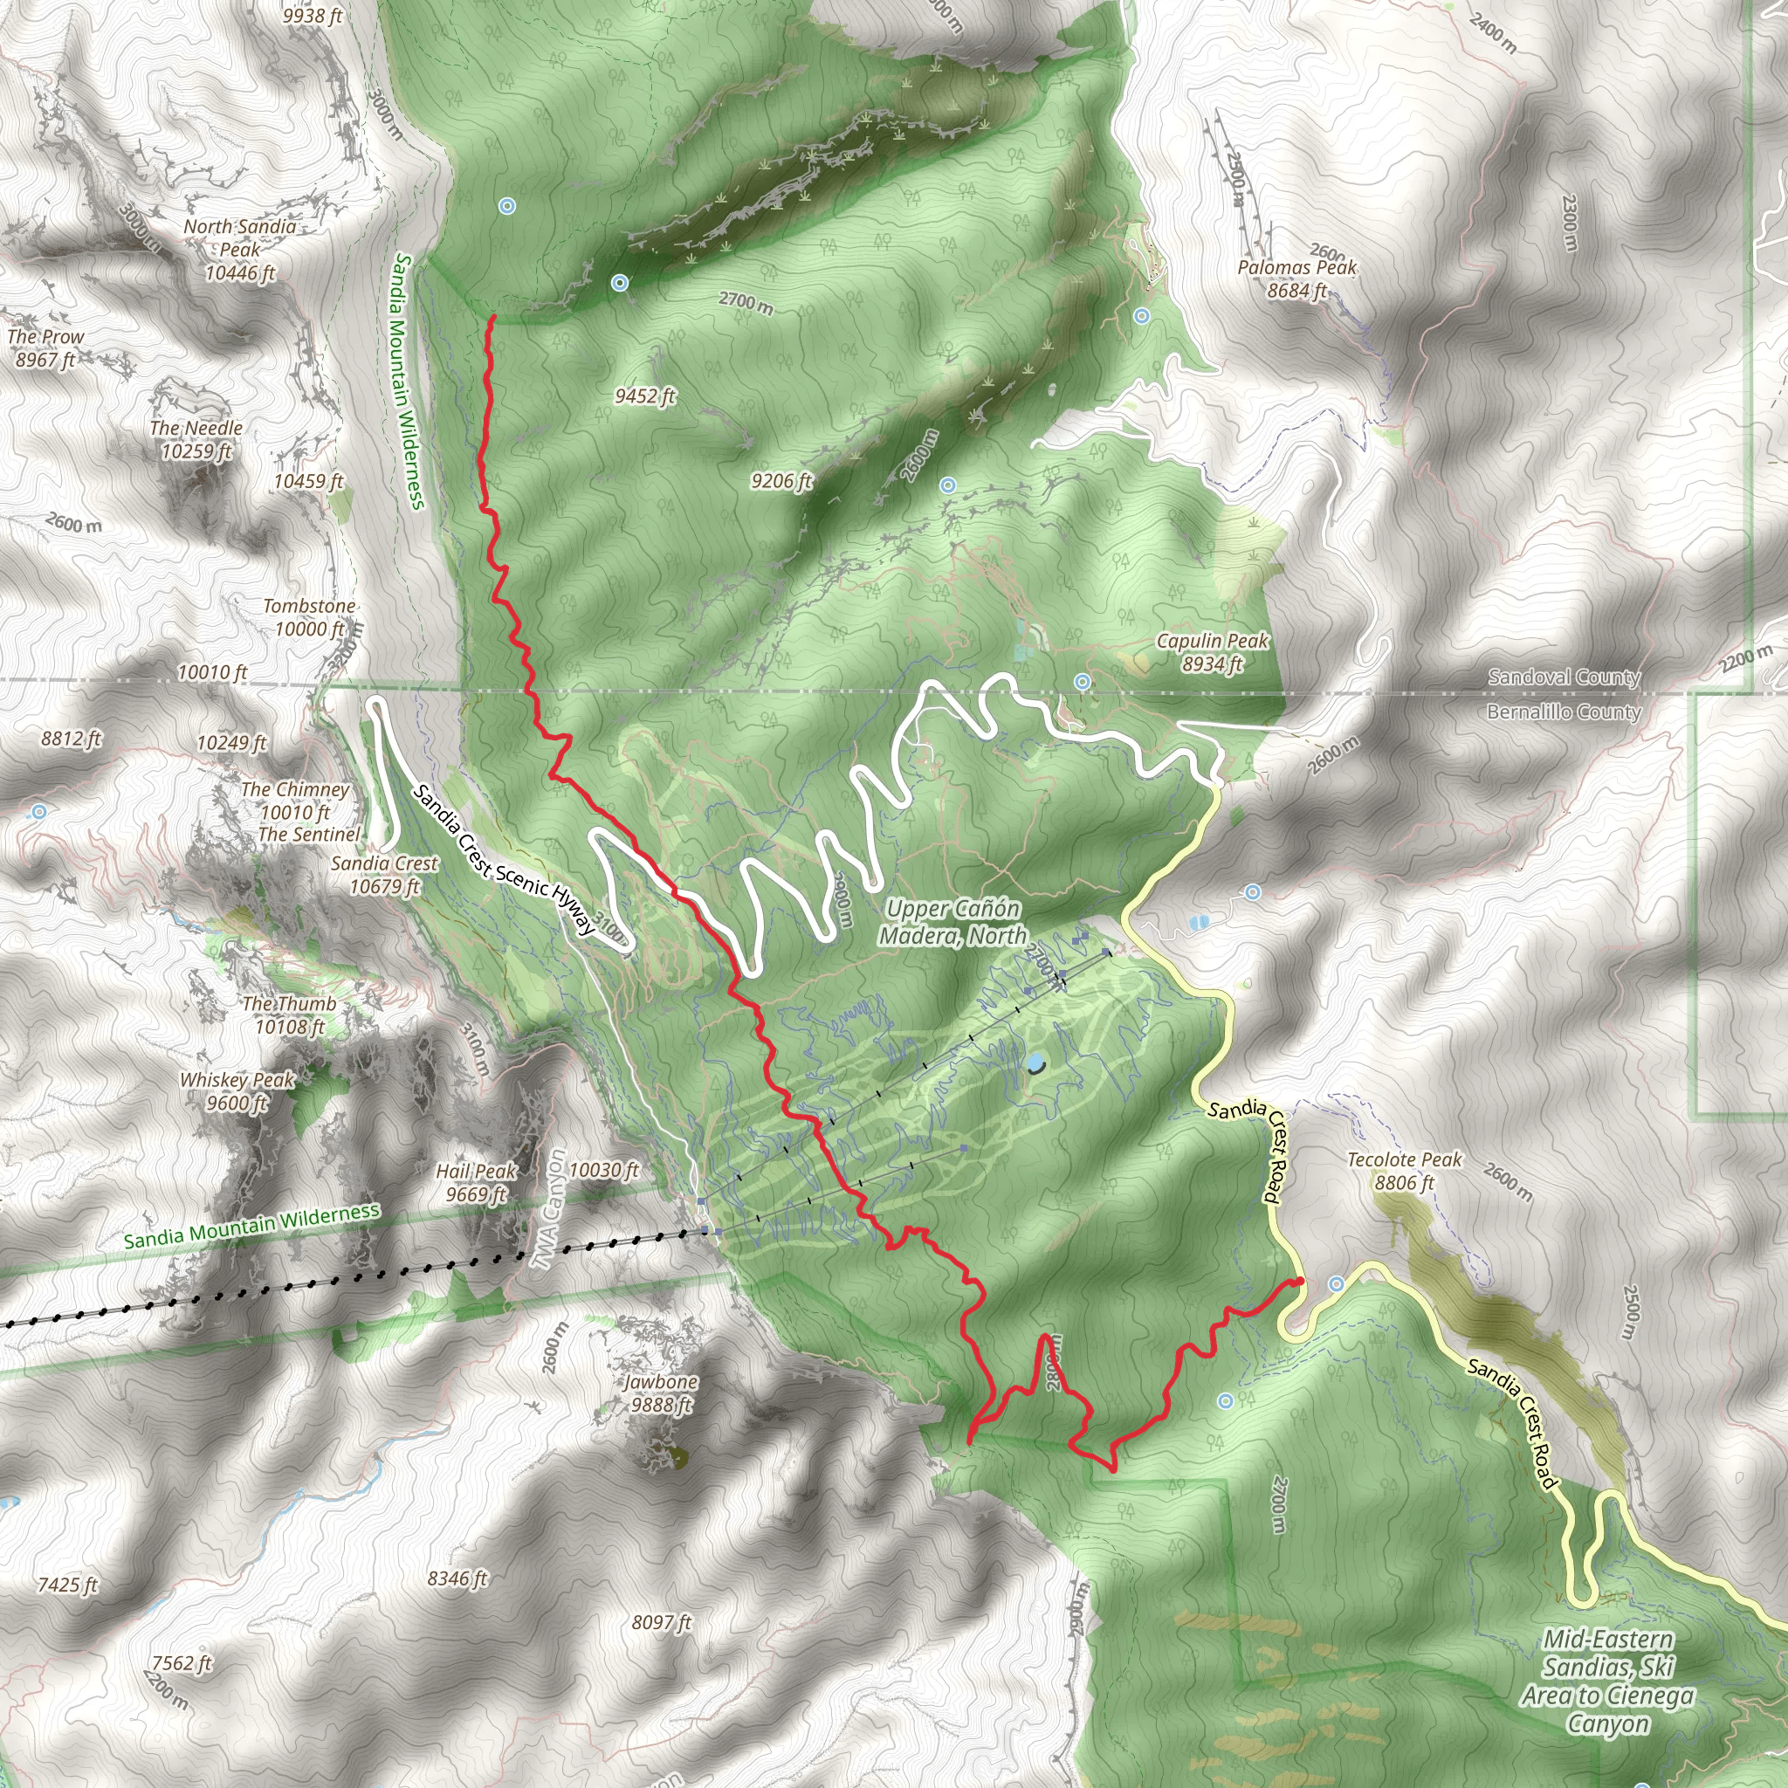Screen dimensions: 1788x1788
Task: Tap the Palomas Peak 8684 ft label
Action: click(1296, 279)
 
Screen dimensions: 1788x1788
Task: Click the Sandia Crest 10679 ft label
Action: click(384, 875)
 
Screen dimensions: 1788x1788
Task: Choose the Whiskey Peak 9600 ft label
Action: click(237, 1091)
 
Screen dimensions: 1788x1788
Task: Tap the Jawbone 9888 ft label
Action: click(661, 1393)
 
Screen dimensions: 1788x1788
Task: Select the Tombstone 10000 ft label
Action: click(309, 617)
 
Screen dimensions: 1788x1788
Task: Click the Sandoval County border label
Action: click(1563, 677)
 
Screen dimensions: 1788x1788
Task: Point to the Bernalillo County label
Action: click(1563, 712)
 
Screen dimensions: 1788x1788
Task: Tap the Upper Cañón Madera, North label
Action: click(952, 922)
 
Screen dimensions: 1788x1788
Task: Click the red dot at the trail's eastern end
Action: click(1299, 1282)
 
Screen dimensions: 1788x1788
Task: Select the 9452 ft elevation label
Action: click(645, 396)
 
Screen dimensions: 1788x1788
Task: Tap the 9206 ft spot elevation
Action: click(781, 480)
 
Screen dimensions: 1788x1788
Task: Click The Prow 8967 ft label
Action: click(45, 348)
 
